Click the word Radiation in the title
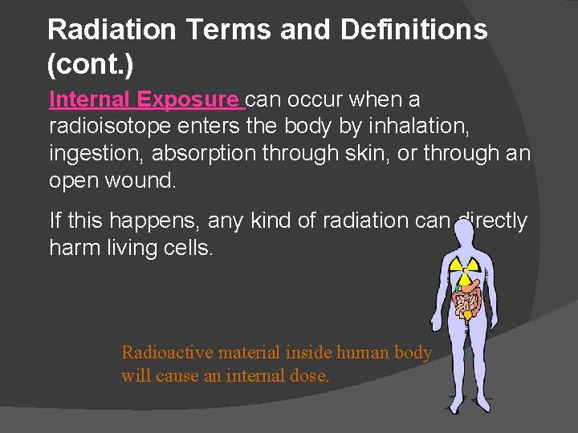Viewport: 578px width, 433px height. [x=112, y=30]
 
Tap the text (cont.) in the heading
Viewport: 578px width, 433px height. [x=81, y=65]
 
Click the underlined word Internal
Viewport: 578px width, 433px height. [x=89, y=100]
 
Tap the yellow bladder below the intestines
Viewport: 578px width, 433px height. [x=466, y=316]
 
